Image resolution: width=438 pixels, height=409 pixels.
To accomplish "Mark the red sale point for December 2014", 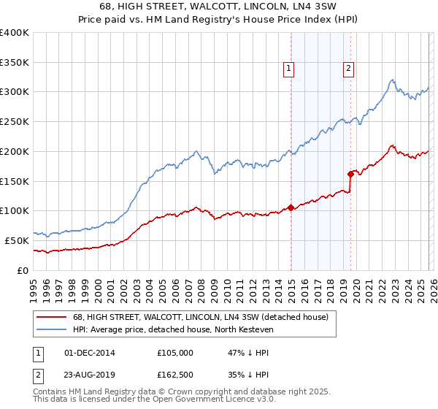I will pos(291,207).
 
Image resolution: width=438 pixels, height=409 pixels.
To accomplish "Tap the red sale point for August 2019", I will pos(350,174).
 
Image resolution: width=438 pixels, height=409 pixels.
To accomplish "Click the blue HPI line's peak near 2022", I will pos(392,80).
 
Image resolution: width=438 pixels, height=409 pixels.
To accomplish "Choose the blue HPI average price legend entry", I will pos(173,329).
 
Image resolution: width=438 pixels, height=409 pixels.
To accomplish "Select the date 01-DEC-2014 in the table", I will pos(90,352).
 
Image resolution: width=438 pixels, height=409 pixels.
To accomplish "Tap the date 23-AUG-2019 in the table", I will pos(90,374).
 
